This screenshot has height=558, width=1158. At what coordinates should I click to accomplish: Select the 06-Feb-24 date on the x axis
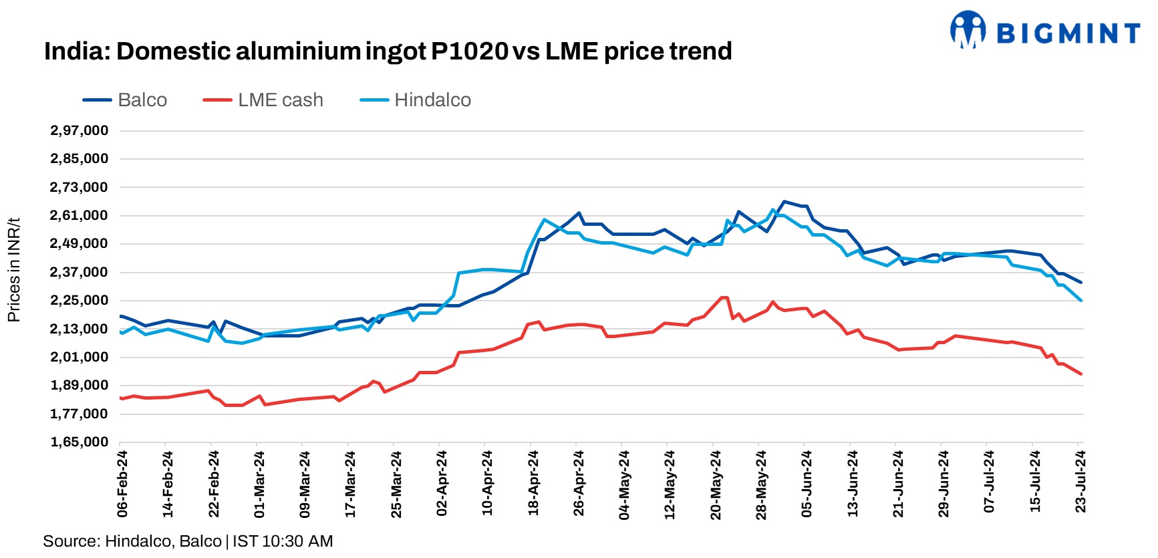pyautogui.click(x=122, y=483)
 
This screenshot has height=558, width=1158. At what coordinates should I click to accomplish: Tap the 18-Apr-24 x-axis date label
pyautogui.click(x=533, y=483)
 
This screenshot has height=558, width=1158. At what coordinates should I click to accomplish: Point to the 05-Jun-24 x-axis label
pyautogui.click(x=807, y=483)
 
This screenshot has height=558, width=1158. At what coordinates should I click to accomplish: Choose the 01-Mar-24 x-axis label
pyautogui.click(x=259, y=483)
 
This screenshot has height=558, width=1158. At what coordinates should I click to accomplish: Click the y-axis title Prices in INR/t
pyautogui.click(x=14, y=270)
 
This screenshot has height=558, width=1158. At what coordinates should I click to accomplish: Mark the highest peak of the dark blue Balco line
pyautogui.click(x=784, y=201)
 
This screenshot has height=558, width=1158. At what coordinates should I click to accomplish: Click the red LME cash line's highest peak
pyautogui.click(x=723, y=297)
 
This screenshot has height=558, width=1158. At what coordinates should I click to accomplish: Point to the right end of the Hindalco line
pyautogui.click(x=1080, y=301)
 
